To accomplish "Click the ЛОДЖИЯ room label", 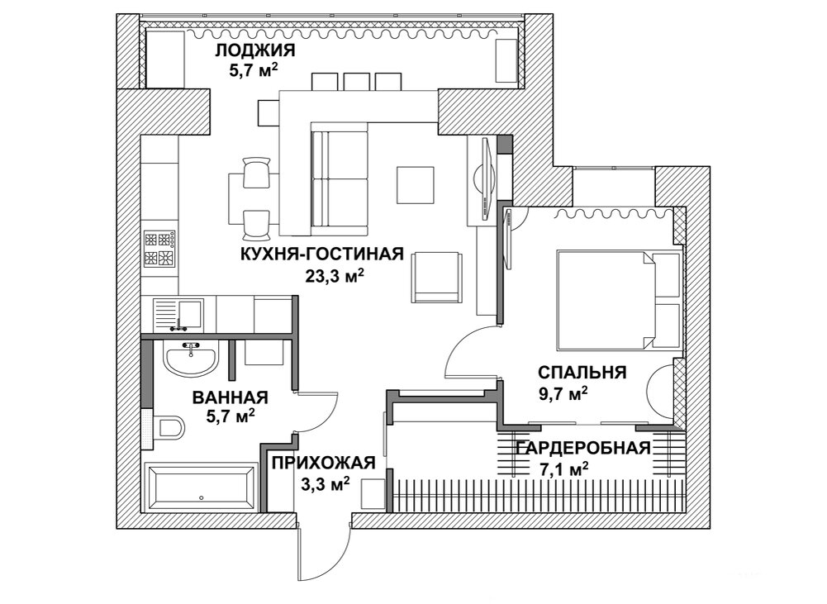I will [254, 51].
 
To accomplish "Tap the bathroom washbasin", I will [191, 359].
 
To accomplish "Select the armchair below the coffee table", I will [435, 275].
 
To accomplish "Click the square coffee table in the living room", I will [416, 186].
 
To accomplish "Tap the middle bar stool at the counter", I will [356, 81].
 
